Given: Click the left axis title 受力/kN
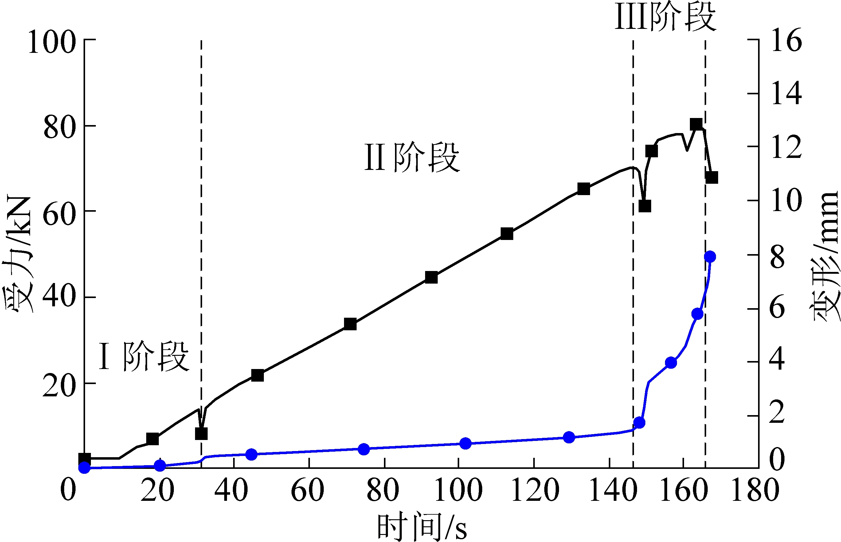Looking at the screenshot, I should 18,254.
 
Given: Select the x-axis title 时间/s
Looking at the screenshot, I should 422,527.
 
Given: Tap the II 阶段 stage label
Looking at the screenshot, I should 412,157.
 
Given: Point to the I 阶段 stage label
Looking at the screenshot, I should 144,356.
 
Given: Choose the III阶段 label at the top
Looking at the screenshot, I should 665,17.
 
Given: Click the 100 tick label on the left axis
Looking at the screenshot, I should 52,42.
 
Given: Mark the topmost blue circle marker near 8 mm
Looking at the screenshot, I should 710,257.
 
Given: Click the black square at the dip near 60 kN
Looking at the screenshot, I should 645,206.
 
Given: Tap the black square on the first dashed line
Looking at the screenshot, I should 201,434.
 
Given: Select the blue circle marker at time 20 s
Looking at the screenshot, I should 160,465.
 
